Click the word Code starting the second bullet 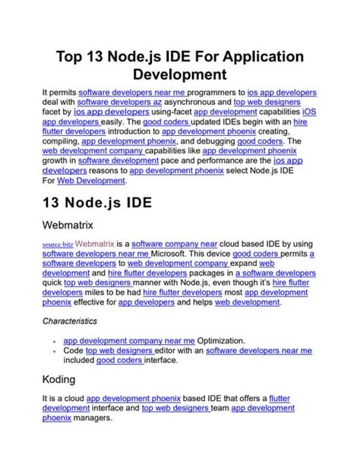(x=73, y=352)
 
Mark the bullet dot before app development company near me (x=55, y=343)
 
